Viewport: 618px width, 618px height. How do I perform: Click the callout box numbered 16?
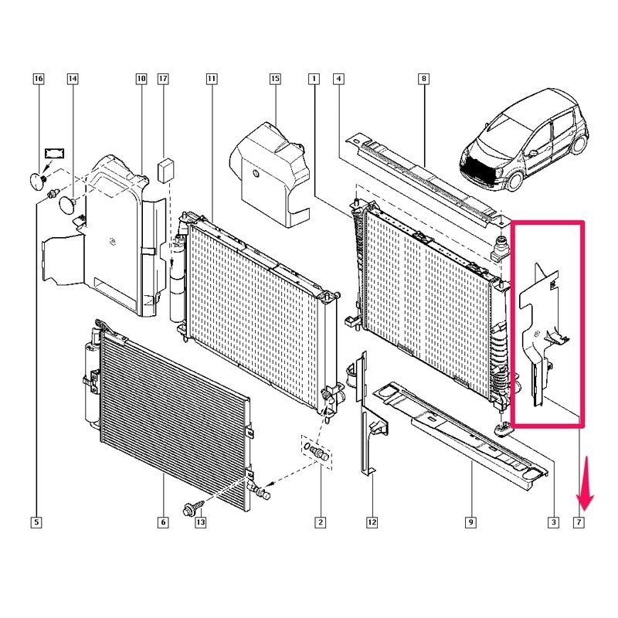point(38,79)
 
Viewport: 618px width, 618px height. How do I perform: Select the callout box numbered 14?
point(73,79)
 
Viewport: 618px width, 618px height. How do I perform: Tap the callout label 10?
point(141,79)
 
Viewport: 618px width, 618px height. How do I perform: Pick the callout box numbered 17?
point(163,79)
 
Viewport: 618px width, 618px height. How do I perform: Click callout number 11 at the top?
point(212,79)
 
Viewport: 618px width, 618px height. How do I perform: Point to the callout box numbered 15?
point(275,79)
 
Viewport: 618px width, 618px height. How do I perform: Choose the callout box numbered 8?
point(423,79)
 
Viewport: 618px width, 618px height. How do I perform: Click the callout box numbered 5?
point(36,522)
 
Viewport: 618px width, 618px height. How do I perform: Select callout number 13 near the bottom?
point(201,522)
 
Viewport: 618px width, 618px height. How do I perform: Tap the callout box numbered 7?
point(579,522)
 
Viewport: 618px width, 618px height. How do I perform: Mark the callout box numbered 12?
point(372,522)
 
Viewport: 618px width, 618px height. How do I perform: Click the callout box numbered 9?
point(470,522)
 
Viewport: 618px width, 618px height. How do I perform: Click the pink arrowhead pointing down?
point(585,501)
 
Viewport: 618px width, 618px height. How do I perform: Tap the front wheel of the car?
point(514,181)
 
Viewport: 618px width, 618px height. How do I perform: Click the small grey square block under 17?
point(166,170)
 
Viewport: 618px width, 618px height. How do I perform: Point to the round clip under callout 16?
point(38,181)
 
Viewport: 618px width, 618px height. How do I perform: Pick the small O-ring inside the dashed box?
point(307,447)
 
